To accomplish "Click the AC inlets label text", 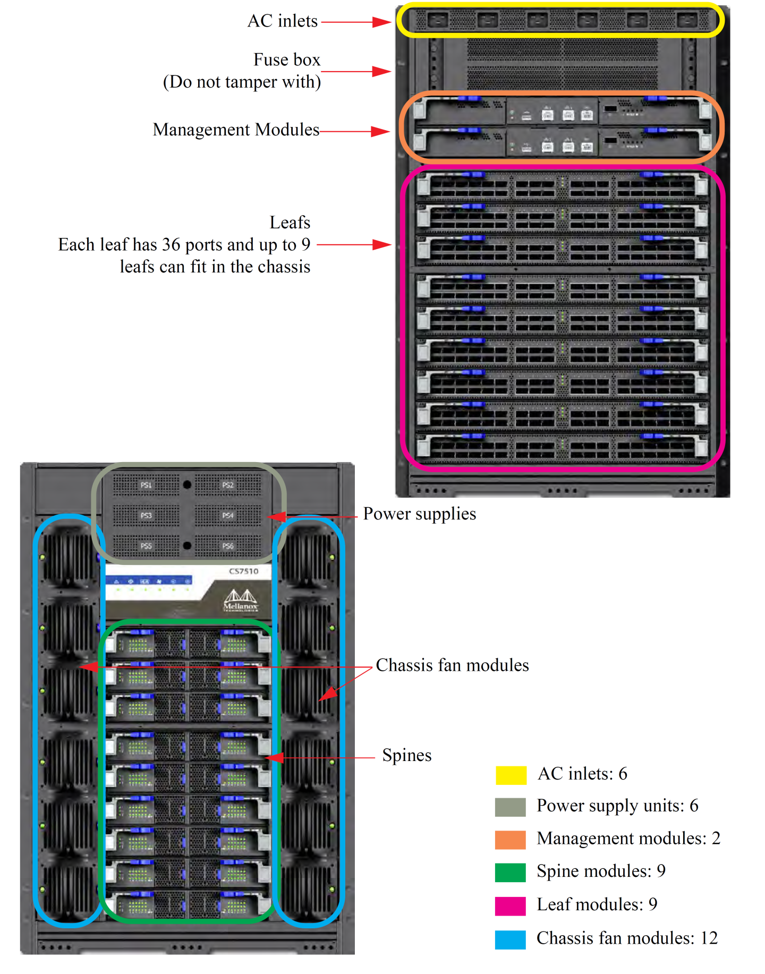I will tap(283, 21).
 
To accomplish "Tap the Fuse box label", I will tap(287, 59).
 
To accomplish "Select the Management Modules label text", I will tap(236, 130).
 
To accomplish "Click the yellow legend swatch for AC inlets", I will tap(511, 775).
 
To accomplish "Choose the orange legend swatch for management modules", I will tap(511, 840).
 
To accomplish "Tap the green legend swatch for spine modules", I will tap(511, 873).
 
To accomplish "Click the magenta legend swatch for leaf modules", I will tap(511, 905).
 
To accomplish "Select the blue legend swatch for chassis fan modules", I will tap(511, 939).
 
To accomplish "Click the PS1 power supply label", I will tap(146, 485).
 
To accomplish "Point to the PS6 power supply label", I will tap(228, 546).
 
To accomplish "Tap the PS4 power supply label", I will tap(228, 516).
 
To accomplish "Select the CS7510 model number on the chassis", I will tap(243, 571).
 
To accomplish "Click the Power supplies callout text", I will tap(420, 514).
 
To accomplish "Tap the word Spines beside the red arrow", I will tap(407, 756).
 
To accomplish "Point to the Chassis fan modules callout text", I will tap(452, 665).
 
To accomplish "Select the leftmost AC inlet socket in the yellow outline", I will tap(438, 21).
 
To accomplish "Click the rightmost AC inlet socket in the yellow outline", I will tap(686, 21).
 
